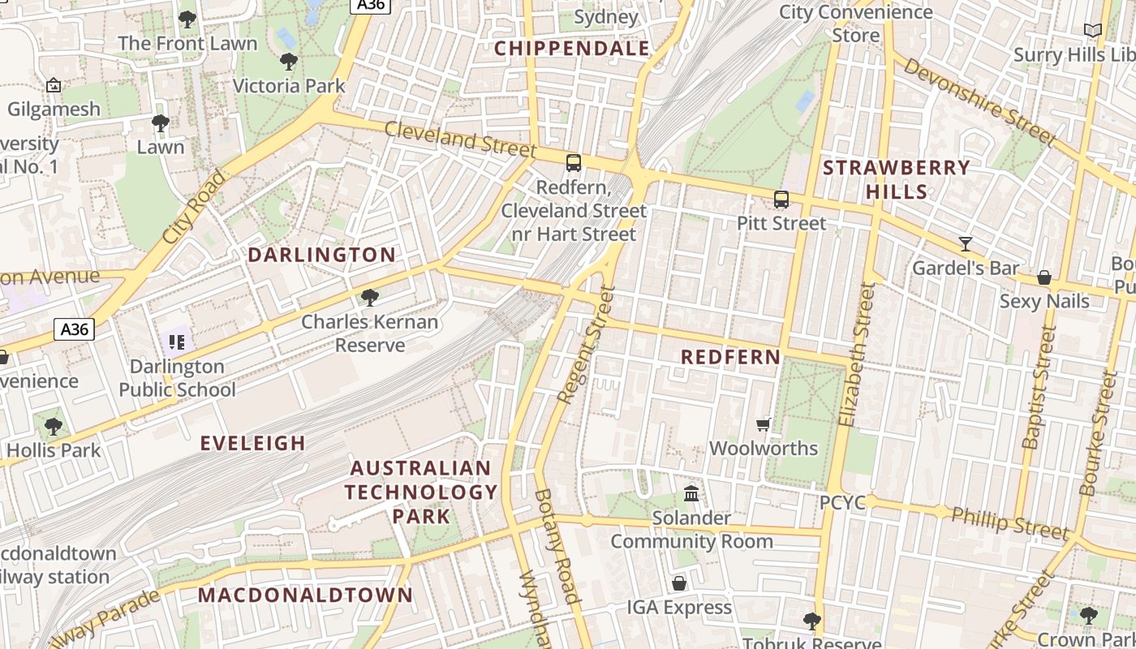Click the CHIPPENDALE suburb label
572,49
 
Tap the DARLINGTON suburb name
321,255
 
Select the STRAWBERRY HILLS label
896,179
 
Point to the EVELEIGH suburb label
253,443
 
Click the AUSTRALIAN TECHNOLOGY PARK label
421,492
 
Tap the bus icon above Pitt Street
781,199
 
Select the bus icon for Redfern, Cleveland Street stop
574,163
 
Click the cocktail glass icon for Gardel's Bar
966,243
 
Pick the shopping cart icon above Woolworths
764,423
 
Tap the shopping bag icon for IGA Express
679,583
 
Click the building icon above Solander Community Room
691,493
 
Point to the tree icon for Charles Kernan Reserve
370,298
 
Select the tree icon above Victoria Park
288,62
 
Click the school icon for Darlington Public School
177,342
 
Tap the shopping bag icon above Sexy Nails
1044,277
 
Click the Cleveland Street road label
460,139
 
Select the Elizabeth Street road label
857,354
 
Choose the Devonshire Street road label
979,102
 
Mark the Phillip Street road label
1010,523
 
